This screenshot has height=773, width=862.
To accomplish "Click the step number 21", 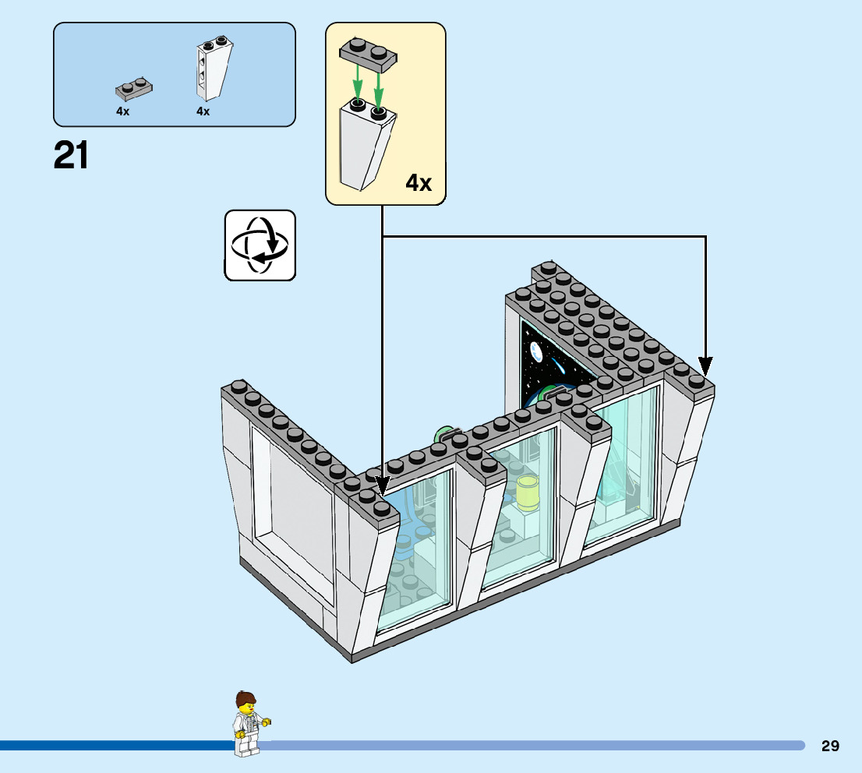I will (71, 155).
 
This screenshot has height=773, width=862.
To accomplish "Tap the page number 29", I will (830, 746).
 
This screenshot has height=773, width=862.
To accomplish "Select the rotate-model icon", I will (260, 245).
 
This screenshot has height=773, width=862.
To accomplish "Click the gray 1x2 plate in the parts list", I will (133, 87).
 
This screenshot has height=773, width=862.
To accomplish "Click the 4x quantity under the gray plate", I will (122, 111).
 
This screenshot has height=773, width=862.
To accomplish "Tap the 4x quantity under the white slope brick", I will (203, 111).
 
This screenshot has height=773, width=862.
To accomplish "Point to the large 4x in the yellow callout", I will (418, 183).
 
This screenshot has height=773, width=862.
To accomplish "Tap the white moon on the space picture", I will (535, 352).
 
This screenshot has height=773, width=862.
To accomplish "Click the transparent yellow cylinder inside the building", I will (528, 492).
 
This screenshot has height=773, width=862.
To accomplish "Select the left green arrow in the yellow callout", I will (358, 82).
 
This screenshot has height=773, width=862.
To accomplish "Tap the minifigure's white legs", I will (246, 745).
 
